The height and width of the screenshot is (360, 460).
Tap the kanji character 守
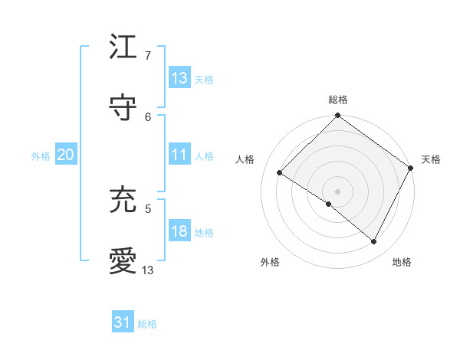(123, 109)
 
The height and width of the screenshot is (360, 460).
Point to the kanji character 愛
(123, 261)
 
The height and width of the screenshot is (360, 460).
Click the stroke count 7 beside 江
(148, 56)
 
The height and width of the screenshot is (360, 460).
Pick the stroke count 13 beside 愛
(148, 270)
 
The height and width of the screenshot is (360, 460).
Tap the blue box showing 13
(179, 78)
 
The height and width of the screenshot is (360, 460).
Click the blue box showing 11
(179, 155)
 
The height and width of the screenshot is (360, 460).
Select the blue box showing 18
(179, 231)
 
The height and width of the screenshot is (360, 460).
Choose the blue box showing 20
(65, 155)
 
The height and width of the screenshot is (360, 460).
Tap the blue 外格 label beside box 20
(41, 156)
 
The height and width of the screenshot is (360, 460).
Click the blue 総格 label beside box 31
(147, 324)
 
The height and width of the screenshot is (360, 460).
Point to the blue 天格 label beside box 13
(204, 80)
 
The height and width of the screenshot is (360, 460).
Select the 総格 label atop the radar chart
(337, 100)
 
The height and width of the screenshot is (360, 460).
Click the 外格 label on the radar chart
(270, 262)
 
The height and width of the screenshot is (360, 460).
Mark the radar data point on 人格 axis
(280, 173)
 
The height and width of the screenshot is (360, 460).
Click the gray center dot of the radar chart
(337, 191)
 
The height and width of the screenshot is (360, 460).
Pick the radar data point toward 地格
(374, 242)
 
